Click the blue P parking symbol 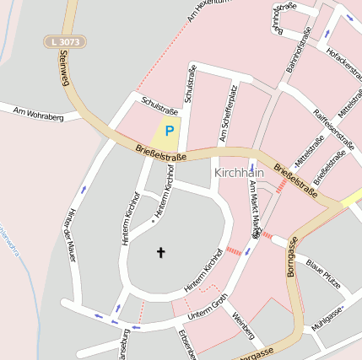tap(169, 131)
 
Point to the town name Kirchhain tap(239, 172)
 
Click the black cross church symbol tap(161, 251)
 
